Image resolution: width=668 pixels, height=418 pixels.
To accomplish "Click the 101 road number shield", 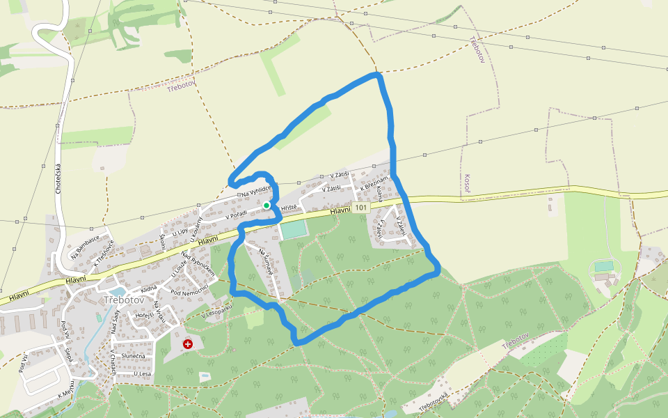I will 360,208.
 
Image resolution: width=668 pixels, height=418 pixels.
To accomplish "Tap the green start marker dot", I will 267,206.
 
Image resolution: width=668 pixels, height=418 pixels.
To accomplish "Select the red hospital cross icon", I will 187,344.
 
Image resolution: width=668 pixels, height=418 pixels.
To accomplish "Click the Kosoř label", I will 467,183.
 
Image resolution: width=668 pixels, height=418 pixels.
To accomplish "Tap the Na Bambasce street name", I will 84,246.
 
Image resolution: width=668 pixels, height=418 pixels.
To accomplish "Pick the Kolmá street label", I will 379,194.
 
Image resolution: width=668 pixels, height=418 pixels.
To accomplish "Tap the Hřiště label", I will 289,208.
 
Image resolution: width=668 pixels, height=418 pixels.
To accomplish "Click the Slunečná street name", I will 133,357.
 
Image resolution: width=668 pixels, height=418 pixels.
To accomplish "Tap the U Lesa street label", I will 142,374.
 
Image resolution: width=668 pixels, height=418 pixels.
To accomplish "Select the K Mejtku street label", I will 66,394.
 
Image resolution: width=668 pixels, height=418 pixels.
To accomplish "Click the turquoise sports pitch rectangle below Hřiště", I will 293,229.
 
